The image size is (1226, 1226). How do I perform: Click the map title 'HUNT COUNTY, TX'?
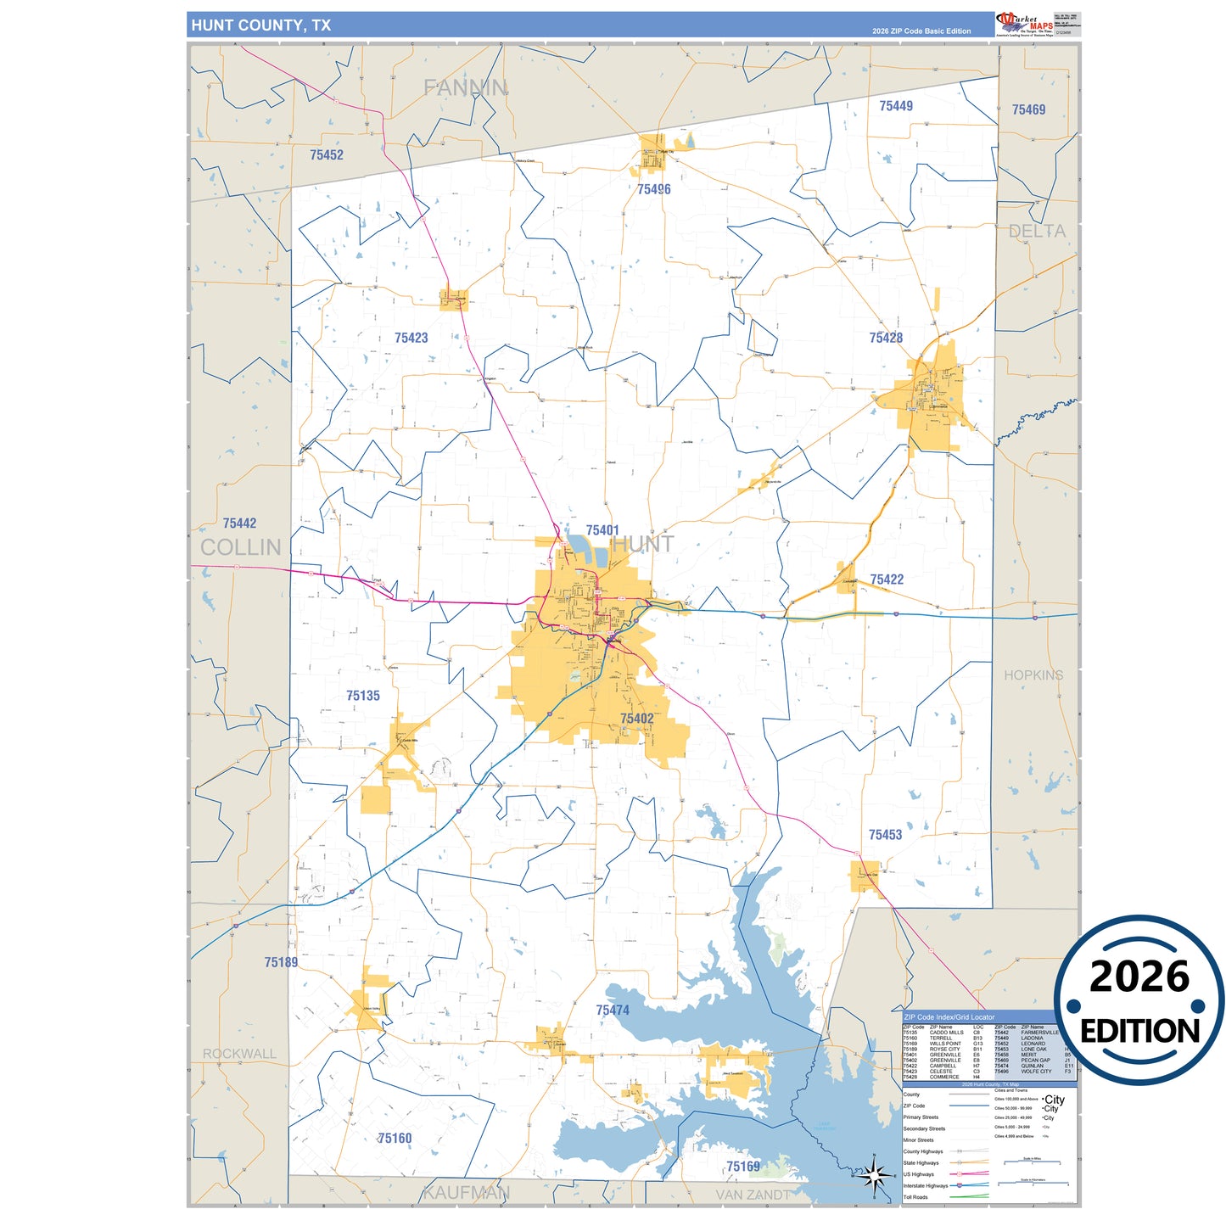coord(260,25)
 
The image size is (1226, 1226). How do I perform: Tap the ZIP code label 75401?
coord(602,530)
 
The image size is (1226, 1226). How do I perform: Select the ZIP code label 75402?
coord(636,719)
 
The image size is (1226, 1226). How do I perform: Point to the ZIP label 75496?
coord(653,189)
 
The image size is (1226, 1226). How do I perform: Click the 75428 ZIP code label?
coord(886,338)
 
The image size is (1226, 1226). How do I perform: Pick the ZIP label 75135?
coord(363,696)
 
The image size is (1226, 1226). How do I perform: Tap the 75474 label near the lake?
coord(613,1010)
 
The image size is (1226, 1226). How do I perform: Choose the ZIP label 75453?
coord(885,835)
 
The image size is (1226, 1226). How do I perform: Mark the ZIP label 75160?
coord(395,1138)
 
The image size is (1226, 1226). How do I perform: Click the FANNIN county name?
coord(466,87)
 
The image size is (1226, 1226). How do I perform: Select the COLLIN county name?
coord(240,547)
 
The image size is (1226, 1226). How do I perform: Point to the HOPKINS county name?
coord(1033,675)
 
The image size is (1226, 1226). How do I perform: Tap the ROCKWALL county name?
coord(239,1054)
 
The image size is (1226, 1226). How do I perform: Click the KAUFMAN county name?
coord(466,1192)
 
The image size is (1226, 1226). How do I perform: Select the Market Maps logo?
coord(1024,24)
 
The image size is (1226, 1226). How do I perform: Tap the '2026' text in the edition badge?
coord(1139,977)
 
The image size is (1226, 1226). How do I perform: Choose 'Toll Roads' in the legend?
coord(915,1197)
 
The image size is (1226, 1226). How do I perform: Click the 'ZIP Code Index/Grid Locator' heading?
coord(949,1016)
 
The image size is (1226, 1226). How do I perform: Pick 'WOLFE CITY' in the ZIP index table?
coord(1036,1072)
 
